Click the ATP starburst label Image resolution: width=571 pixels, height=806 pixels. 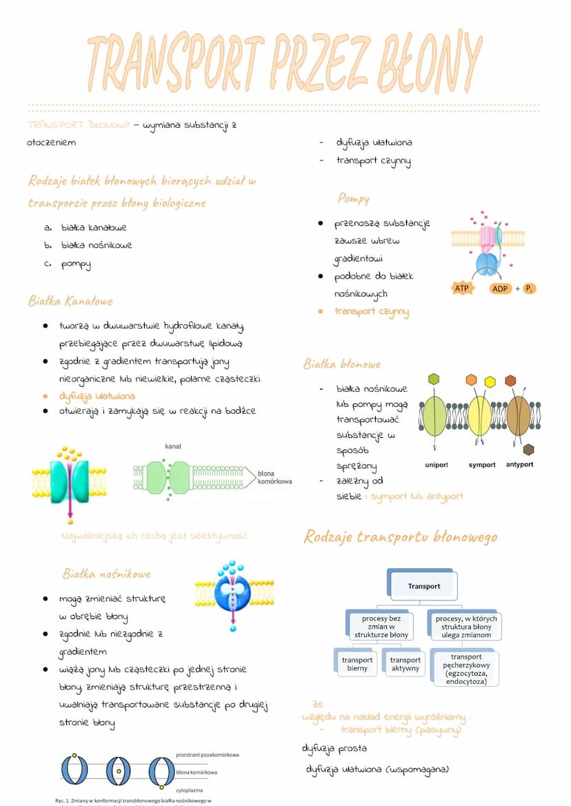(x=461, y=288)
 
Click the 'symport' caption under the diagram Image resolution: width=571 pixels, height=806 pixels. (x=482, y=465)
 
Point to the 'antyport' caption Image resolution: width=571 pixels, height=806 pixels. (x=519, y=465)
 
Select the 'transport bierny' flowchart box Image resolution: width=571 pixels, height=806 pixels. (x=357, y=664)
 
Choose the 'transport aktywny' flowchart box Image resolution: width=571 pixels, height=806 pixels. (x=405, y=664)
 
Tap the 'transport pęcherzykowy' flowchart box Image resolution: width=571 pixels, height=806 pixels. (x=466, y=669)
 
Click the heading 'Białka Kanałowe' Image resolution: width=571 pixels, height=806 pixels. (x=70, y=301)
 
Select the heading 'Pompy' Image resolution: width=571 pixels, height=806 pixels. (x=353, y=199)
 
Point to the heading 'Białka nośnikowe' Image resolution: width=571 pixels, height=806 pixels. (x=106, y=574)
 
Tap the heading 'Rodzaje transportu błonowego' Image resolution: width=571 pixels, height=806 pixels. (x=400, y=537)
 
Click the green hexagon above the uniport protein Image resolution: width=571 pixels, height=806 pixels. (x=433, y=379)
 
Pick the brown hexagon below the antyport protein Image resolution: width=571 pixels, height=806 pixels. (x=528, y=450)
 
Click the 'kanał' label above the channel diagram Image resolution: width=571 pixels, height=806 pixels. (x=172, y=447)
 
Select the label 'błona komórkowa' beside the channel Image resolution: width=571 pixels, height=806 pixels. (x=274, y=477)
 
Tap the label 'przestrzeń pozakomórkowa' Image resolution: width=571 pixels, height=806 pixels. (x=208, y=755)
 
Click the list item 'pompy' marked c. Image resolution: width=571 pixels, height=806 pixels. (x=76, y=264)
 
